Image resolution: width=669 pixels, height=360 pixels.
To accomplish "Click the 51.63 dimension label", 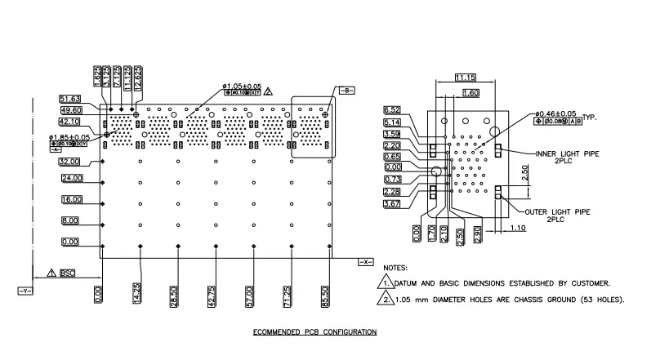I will click(x=70, y=99).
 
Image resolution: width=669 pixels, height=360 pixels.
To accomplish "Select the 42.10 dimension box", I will click(x=70, y=122).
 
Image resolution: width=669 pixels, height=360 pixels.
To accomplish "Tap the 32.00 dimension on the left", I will click(x=70, y=162).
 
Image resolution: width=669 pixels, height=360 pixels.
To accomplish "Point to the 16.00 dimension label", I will click(x=70, y=199).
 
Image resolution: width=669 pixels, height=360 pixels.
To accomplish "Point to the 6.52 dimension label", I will click(x=392, y=109).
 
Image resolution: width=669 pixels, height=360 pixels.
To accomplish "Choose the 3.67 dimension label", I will click(x=392, y=203).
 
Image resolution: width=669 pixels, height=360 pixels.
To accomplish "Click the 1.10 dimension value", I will click(x=520, y=228).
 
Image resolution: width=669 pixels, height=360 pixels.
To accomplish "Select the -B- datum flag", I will click(x=345, y=91).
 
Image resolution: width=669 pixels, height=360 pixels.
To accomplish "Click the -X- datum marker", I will click(x=364, y=262).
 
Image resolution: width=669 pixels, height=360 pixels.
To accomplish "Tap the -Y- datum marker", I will click(x=24, y=289).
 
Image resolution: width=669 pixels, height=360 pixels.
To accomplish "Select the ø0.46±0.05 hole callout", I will click(x=555, y=113).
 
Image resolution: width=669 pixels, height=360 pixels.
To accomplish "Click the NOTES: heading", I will click(x=395, y=267).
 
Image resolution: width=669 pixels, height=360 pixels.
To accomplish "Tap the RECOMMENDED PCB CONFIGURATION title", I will click(x=314, y=332).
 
